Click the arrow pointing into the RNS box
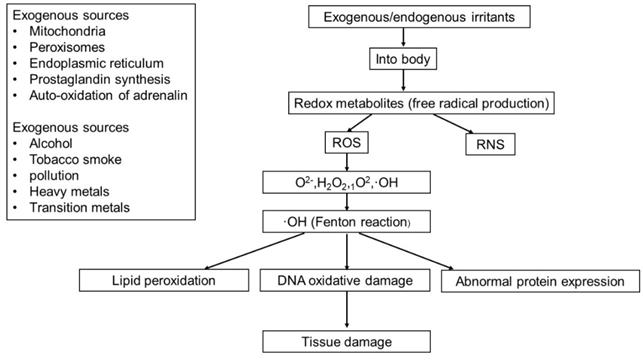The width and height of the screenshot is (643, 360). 470,125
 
